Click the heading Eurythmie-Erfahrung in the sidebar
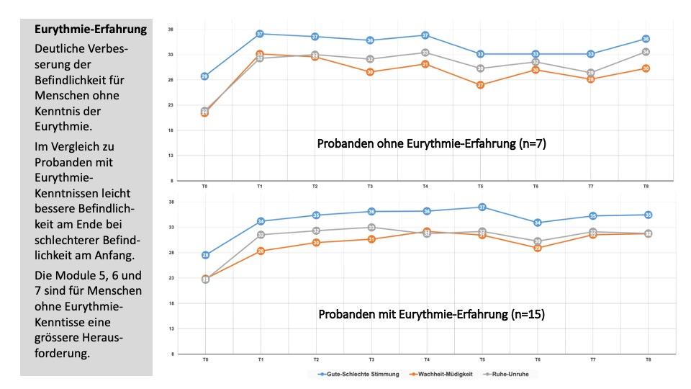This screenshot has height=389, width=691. tap(91, 30)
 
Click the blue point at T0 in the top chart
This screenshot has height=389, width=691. tap(205, 76)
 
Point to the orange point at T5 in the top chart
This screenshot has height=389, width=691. tap(481, 85)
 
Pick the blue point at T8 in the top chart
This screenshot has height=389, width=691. tap(646, 39)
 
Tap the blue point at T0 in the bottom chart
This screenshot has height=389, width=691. tap(205, 255)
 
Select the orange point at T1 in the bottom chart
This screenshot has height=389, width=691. tap(261, 251)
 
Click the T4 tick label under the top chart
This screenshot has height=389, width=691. tap(425, 187)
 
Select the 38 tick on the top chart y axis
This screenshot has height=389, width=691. tap(171, 30)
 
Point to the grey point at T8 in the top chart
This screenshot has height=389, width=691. tap(646, 52)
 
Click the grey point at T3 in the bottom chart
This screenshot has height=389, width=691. tap(371, 228)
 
